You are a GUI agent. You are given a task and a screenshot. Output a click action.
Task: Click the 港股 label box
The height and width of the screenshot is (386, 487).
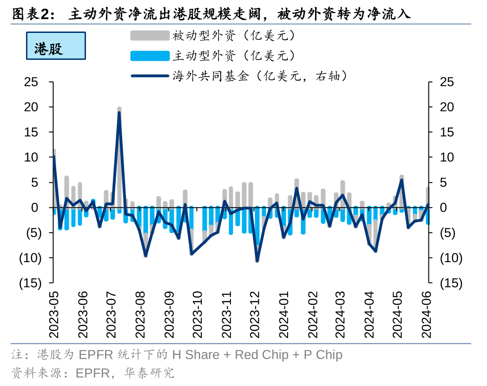(56, 46)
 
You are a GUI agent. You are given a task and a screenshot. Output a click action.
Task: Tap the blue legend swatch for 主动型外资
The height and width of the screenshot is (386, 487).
(150, 56)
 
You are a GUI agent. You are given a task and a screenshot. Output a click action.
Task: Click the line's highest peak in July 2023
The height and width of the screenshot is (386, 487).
(119, 113)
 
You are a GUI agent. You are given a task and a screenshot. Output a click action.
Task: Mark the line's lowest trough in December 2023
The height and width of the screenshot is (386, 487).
(257, 260)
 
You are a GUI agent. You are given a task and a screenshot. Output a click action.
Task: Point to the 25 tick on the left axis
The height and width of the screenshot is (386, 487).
(31, 82)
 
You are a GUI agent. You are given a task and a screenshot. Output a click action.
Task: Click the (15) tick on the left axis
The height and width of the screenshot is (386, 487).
(30, 283)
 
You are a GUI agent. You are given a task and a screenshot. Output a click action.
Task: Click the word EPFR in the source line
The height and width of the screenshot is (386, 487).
(92, 373)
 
